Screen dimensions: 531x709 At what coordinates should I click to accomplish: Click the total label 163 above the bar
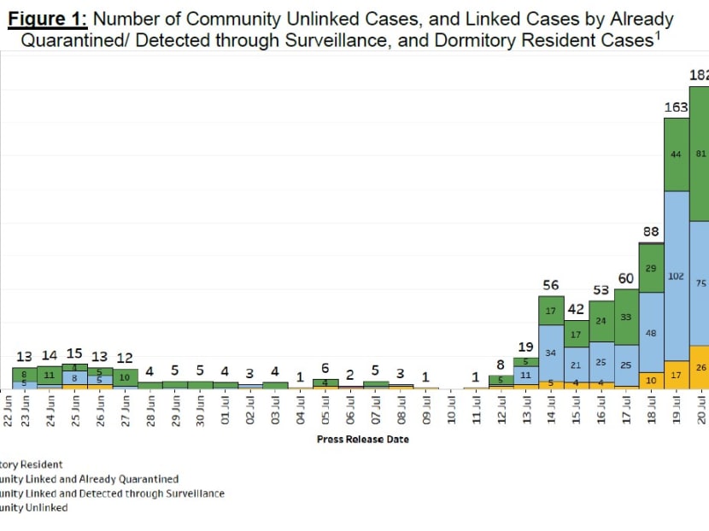[x=677, y=108]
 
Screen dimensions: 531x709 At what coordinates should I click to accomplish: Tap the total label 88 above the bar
[x=652, y=231]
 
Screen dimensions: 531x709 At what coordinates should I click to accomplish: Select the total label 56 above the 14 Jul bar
[x=551, y=285]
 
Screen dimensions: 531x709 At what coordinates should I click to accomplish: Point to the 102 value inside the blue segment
[x=677, y=277]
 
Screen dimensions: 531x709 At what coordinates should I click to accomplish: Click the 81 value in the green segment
[x=700, y=154]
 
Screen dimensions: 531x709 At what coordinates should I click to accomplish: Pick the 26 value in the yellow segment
[x=700, y=367]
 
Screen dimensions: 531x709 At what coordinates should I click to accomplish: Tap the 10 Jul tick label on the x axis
[x=452, y=413]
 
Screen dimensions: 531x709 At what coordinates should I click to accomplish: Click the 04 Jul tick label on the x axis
[x=301, y=413]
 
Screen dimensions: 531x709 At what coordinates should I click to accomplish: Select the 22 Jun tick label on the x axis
[x=9, y=413]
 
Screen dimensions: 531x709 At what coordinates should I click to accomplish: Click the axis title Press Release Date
[x=362, y=439]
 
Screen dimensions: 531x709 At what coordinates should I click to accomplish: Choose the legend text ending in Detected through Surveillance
[x=112, y=493]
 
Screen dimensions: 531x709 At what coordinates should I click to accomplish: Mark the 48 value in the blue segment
[x=652, y=333]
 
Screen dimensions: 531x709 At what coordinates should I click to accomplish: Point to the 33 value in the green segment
[x=626, y=317]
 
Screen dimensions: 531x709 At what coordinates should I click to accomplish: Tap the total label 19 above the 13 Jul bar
[x=526, y=347]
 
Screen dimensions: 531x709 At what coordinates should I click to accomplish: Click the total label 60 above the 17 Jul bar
[x=626, y=278]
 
